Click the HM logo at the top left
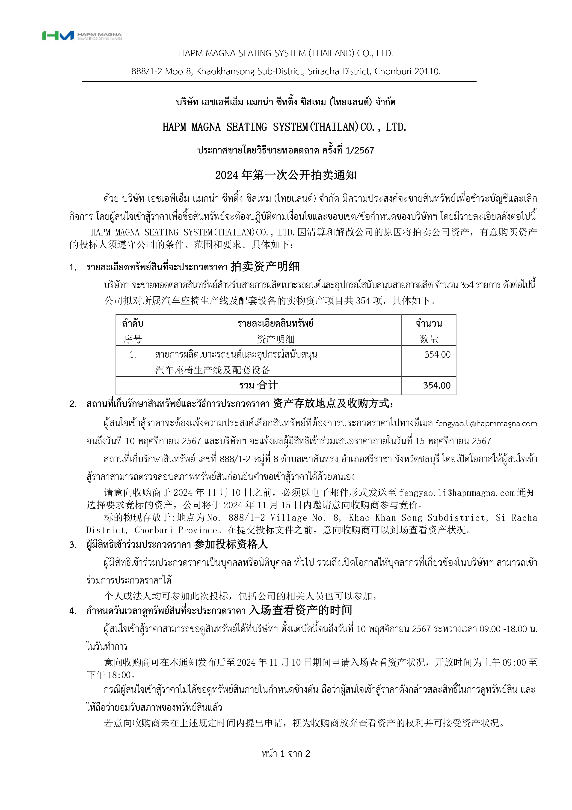point(58,35)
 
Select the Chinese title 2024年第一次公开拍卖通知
point(286,175)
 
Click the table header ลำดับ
point(133,323)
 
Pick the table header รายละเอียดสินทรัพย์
point(275,323)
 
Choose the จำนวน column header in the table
point(429,323)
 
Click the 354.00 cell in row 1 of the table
point(437,355)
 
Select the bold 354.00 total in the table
point(437,385)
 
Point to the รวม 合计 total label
point(258,385)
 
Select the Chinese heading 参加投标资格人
point(231,544)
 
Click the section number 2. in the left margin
point(73,404)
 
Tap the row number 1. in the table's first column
point(133,355)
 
